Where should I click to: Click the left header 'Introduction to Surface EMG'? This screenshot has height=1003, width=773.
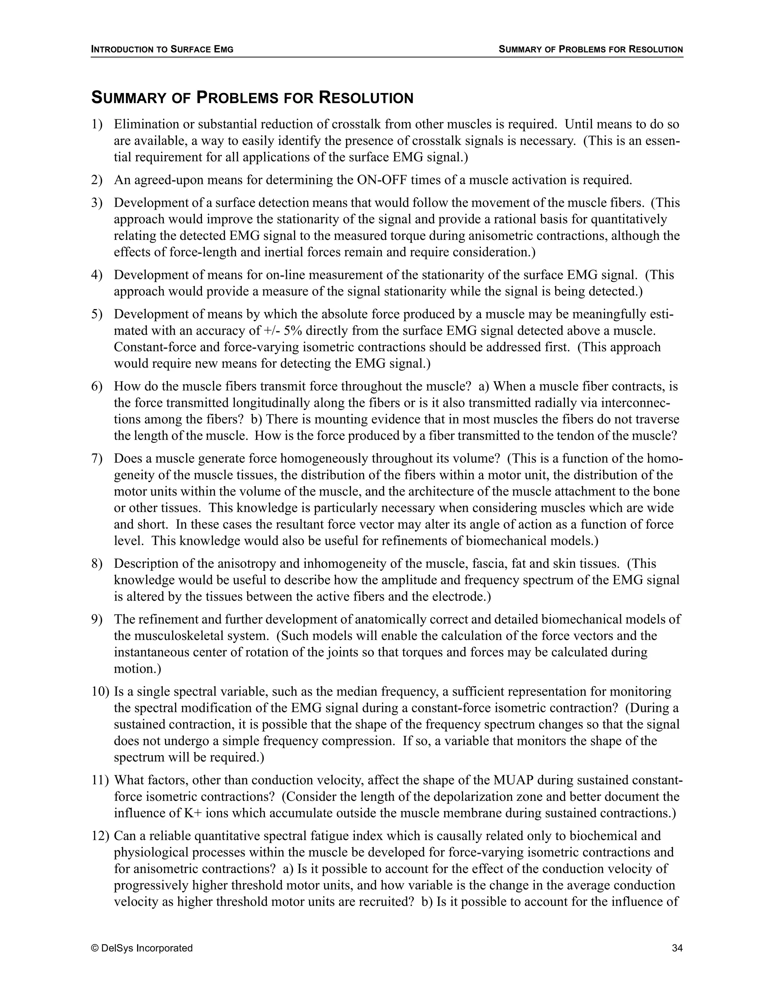pos(162,49)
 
